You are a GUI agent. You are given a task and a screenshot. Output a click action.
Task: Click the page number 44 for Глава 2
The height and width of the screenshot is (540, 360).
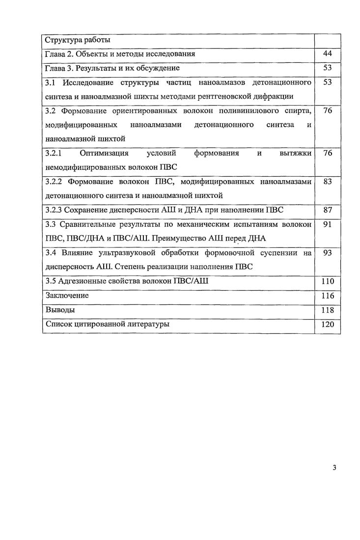328,54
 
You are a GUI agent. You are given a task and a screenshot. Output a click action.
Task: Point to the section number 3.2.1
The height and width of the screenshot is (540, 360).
52,153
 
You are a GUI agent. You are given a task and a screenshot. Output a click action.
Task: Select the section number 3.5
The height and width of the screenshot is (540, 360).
50,282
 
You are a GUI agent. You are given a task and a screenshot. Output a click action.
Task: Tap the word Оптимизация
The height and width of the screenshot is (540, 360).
104,153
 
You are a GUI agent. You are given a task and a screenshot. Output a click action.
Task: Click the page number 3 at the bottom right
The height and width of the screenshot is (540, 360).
334,467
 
